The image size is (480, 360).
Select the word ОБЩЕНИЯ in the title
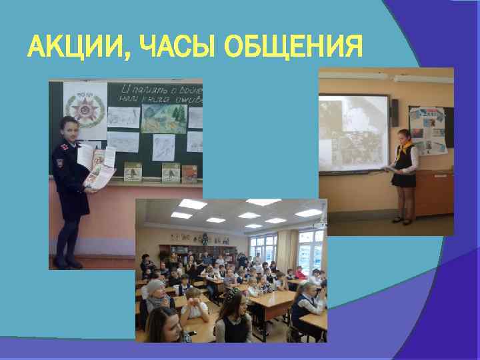[x=293, y=48]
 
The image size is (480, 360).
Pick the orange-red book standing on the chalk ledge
[x=190, y=173]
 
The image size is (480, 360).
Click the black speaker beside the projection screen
[x=395, y=113]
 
